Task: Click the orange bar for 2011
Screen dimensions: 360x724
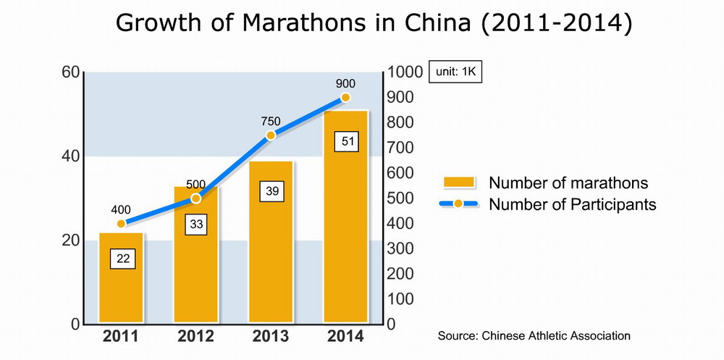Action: click(121, 290)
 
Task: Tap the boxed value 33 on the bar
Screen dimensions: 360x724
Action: click(195, 225)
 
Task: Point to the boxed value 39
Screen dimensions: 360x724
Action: click(271, 191)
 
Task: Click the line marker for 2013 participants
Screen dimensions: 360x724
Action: click(271, 135)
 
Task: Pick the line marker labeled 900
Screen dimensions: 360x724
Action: click(346, 98)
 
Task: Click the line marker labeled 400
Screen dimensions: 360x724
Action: click(121, 224)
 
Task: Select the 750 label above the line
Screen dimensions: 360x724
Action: click(271, 122)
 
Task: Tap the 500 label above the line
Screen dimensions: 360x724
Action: click(195, 184)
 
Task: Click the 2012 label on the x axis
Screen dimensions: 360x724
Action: click(195, 337)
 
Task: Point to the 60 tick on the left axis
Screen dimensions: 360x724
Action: click(70, 72)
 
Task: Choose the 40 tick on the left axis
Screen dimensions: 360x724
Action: click(70, 156)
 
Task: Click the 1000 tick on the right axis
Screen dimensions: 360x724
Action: click(405, 72)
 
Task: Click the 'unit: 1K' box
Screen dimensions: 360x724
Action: click(455, 72)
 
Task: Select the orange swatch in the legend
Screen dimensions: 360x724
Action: click(458, 183)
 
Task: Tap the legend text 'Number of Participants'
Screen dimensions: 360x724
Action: click(572, 204)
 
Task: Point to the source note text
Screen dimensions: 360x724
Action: click(534, 336)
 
